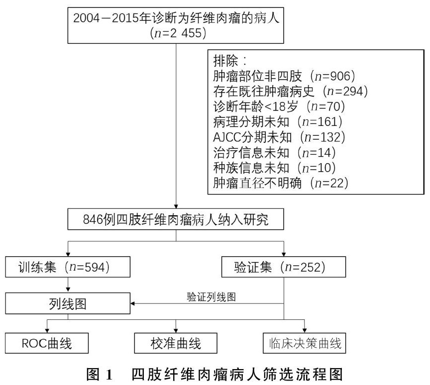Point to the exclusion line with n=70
[x=279, y=106]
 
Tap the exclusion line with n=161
[x=279, y=122]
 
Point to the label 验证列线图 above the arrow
[x=211, y=297]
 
